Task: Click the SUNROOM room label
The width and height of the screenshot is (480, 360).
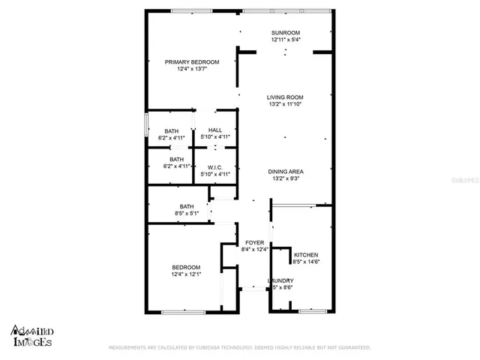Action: tap(285, 33)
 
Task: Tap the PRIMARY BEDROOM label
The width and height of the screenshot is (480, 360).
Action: tap(192, 62)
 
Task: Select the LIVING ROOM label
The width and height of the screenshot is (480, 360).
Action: tap(285, 97)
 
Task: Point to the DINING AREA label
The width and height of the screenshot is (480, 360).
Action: tap(285, 172)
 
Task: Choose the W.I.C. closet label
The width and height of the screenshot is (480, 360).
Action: tap(215, 167)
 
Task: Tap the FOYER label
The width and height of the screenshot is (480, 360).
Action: tap(254, 243)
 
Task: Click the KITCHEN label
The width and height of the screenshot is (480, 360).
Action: tap(307, 255)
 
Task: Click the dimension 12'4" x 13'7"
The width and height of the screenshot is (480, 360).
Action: tap(192, 70)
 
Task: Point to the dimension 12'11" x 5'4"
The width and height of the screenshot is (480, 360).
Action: tap(285, 40)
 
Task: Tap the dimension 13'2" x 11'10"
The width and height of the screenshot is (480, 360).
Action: tap(285, 104)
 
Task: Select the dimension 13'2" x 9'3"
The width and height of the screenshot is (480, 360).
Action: tap(285, 179)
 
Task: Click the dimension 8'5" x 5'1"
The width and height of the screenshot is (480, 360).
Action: tap(187, 214)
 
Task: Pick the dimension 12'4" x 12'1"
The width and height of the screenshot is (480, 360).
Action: tap(186, 275)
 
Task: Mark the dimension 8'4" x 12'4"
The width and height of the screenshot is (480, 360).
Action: tap(254, 250)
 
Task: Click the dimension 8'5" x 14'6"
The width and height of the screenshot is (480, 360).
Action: tap(307, 262)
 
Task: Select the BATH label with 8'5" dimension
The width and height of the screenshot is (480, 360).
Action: tap(187, 206)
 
